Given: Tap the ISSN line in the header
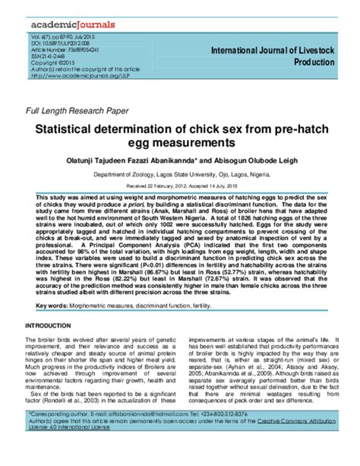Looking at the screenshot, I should pos(46,55).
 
